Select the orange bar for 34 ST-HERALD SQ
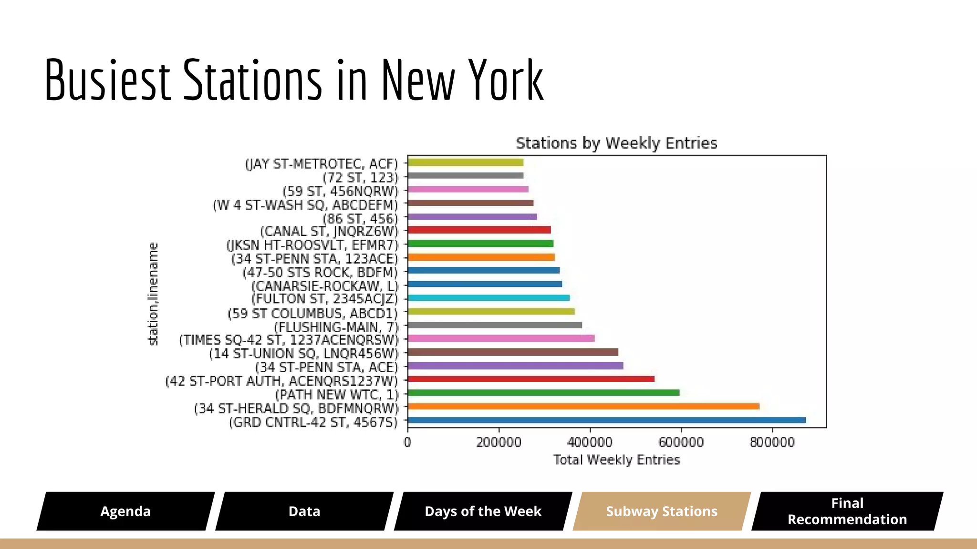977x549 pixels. pos(583,407)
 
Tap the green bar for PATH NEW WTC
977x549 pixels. pos(544,393)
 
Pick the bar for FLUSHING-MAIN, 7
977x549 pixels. pos(495,325)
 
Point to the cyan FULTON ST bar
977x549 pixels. pos(488,298)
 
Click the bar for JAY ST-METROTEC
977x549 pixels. pos(466,163)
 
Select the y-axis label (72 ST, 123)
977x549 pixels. pos(360,178)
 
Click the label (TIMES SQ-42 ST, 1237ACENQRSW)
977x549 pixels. pos(288,340)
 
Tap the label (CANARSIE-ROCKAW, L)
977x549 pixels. pos(324,286)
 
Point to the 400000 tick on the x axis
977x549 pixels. pos(590,443)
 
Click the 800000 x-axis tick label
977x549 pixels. pos(772,443)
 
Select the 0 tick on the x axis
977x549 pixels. pos(407,443)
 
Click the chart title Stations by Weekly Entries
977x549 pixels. pos(616,143)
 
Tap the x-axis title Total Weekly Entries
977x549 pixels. pos(616,460)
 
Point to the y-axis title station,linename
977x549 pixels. pos(153,294)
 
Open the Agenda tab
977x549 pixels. pos(125,511)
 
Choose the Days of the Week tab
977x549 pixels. pos(483,511)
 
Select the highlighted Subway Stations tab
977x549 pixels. pos(662,511)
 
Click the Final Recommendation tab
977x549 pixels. pos(847,511)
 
